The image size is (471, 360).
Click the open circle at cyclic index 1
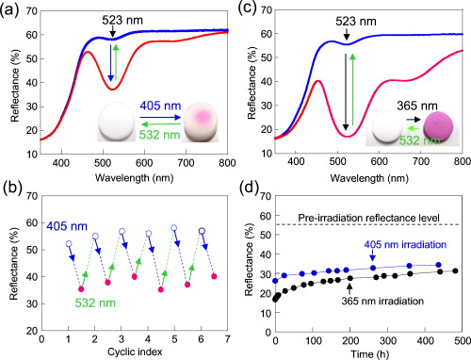(68, 244)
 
